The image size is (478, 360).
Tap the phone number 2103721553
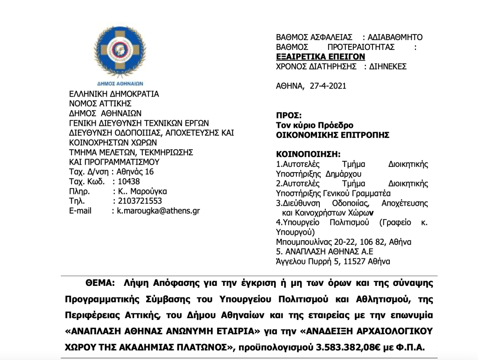coord(139,201)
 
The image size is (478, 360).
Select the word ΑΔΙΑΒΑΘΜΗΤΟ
coord(395,37)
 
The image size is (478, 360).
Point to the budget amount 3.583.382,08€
coord(347,347)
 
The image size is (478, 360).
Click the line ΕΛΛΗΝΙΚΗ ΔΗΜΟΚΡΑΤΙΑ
coord(113,94)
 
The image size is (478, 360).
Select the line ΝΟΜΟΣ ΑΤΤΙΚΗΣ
coord(100,104)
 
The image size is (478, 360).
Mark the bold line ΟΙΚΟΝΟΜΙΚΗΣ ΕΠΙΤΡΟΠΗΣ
coord(333,135)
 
